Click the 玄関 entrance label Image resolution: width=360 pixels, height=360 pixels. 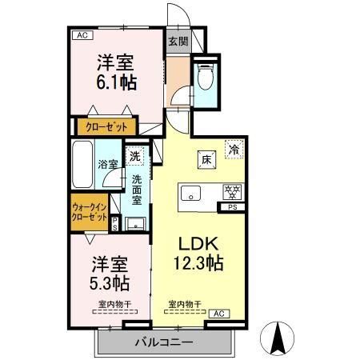click(178, 42)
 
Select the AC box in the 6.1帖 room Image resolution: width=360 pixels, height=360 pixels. click(81, 34)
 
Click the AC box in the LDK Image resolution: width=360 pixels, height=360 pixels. click(220, 313)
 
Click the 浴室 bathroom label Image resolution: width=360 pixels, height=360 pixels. click(108, 165)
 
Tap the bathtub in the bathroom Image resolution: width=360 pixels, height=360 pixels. click(83, 164)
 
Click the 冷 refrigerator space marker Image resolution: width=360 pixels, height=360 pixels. click(234, 149)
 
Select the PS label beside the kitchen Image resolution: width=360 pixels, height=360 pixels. click(233, 210)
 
